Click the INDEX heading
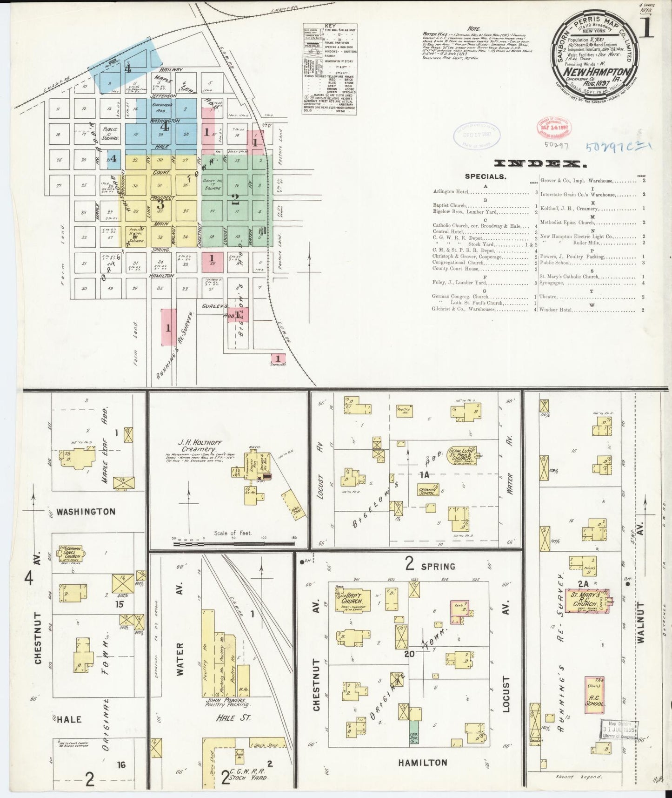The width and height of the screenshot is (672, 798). [540, 163]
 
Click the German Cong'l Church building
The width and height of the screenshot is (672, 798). [70, 554]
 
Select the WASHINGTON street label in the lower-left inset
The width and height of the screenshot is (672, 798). [86, 512]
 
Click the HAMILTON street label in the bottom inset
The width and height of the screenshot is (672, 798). [422, 762]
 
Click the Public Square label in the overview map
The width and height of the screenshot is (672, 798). [110, 134]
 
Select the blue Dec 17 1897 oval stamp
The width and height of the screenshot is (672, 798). [477, 137]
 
